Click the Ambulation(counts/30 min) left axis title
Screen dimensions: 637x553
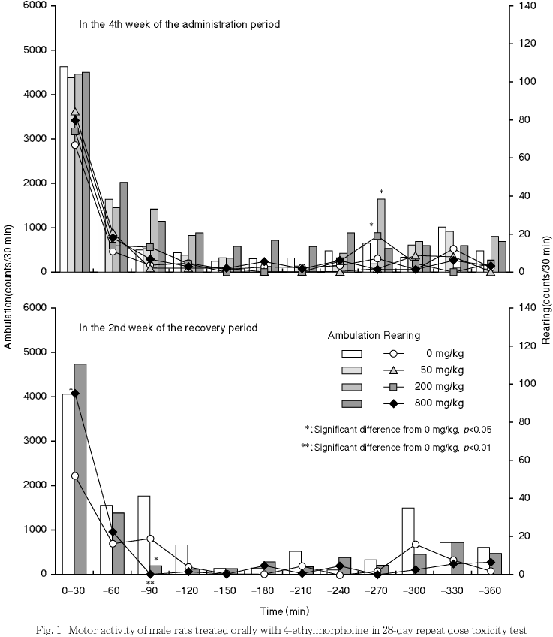8,288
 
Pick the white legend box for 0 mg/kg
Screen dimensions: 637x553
352,352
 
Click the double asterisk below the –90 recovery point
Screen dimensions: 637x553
150,584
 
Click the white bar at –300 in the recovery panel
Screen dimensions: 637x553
408,541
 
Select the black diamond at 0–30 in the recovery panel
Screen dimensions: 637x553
74,393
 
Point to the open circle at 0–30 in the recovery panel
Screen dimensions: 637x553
74,475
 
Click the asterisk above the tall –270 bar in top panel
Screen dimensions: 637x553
381,191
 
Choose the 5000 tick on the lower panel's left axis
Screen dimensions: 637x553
36,352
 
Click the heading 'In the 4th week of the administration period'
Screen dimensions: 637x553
180,24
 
